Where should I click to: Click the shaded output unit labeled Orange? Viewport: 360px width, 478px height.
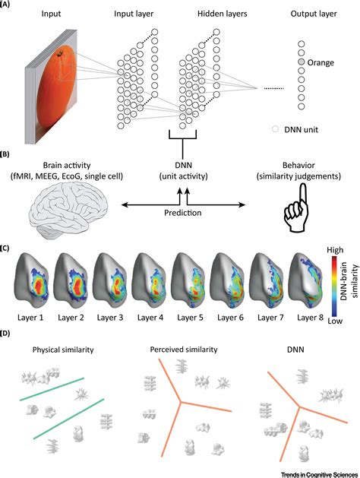coord(302,62)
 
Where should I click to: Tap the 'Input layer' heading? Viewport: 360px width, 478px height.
coord(134,14)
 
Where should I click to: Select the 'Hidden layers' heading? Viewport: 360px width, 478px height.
coord(222,14)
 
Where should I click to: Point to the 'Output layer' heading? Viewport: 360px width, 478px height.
coord(314,14)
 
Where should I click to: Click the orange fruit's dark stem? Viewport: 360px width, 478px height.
coord(61,54)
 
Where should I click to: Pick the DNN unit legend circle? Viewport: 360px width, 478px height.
coord(276,129)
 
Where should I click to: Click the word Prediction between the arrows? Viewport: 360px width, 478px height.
coord(183,213)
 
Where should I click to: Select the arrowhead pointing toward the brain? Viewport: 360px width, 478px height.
coord(124,205)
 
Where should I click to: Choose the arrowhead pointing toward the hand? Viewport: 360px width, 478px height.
coord(242,205)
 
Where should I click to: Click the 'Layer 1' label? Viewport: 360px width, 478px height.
coord(30,318)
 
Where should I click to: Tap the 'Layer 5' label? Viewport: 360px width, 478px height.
coord(190,318)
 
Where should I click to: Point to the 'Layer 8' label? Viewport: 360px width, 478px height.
coord(310,318)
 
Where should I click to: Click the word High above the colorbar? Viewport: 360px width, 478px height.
coord(335,250)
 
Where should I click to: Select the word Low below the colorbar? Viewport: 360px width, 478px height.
coord(335,321)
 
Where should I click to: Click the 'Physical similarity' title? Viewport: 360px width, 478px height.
coord(63,350)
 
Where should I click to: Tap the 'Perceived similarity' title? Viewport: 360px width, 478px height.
coord(184,350)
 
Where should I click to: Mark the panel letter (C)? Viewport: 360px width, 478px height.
coord(5,248)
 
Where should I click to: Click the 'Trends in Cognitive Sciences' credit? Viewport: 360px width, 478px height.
coord(320,475)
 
